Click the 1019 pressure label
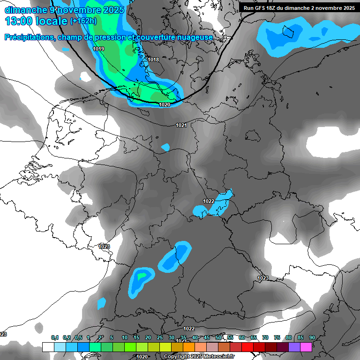tap(98, 49)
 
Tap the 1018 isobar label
tap(153, 60)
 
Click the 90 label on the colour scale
tap(312, 337)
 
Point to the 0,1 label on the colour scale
tap(55, 337)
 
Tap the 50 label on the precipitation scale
tap(218, 337)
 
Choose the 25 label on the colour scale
tap(160, 337)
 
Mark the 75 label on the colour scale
tap(277, 337)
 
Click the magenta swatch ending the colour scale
tap(306, 347)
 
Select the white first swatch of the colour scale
tap(48, 347)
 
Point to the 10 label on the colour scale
tap(125, 337)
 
